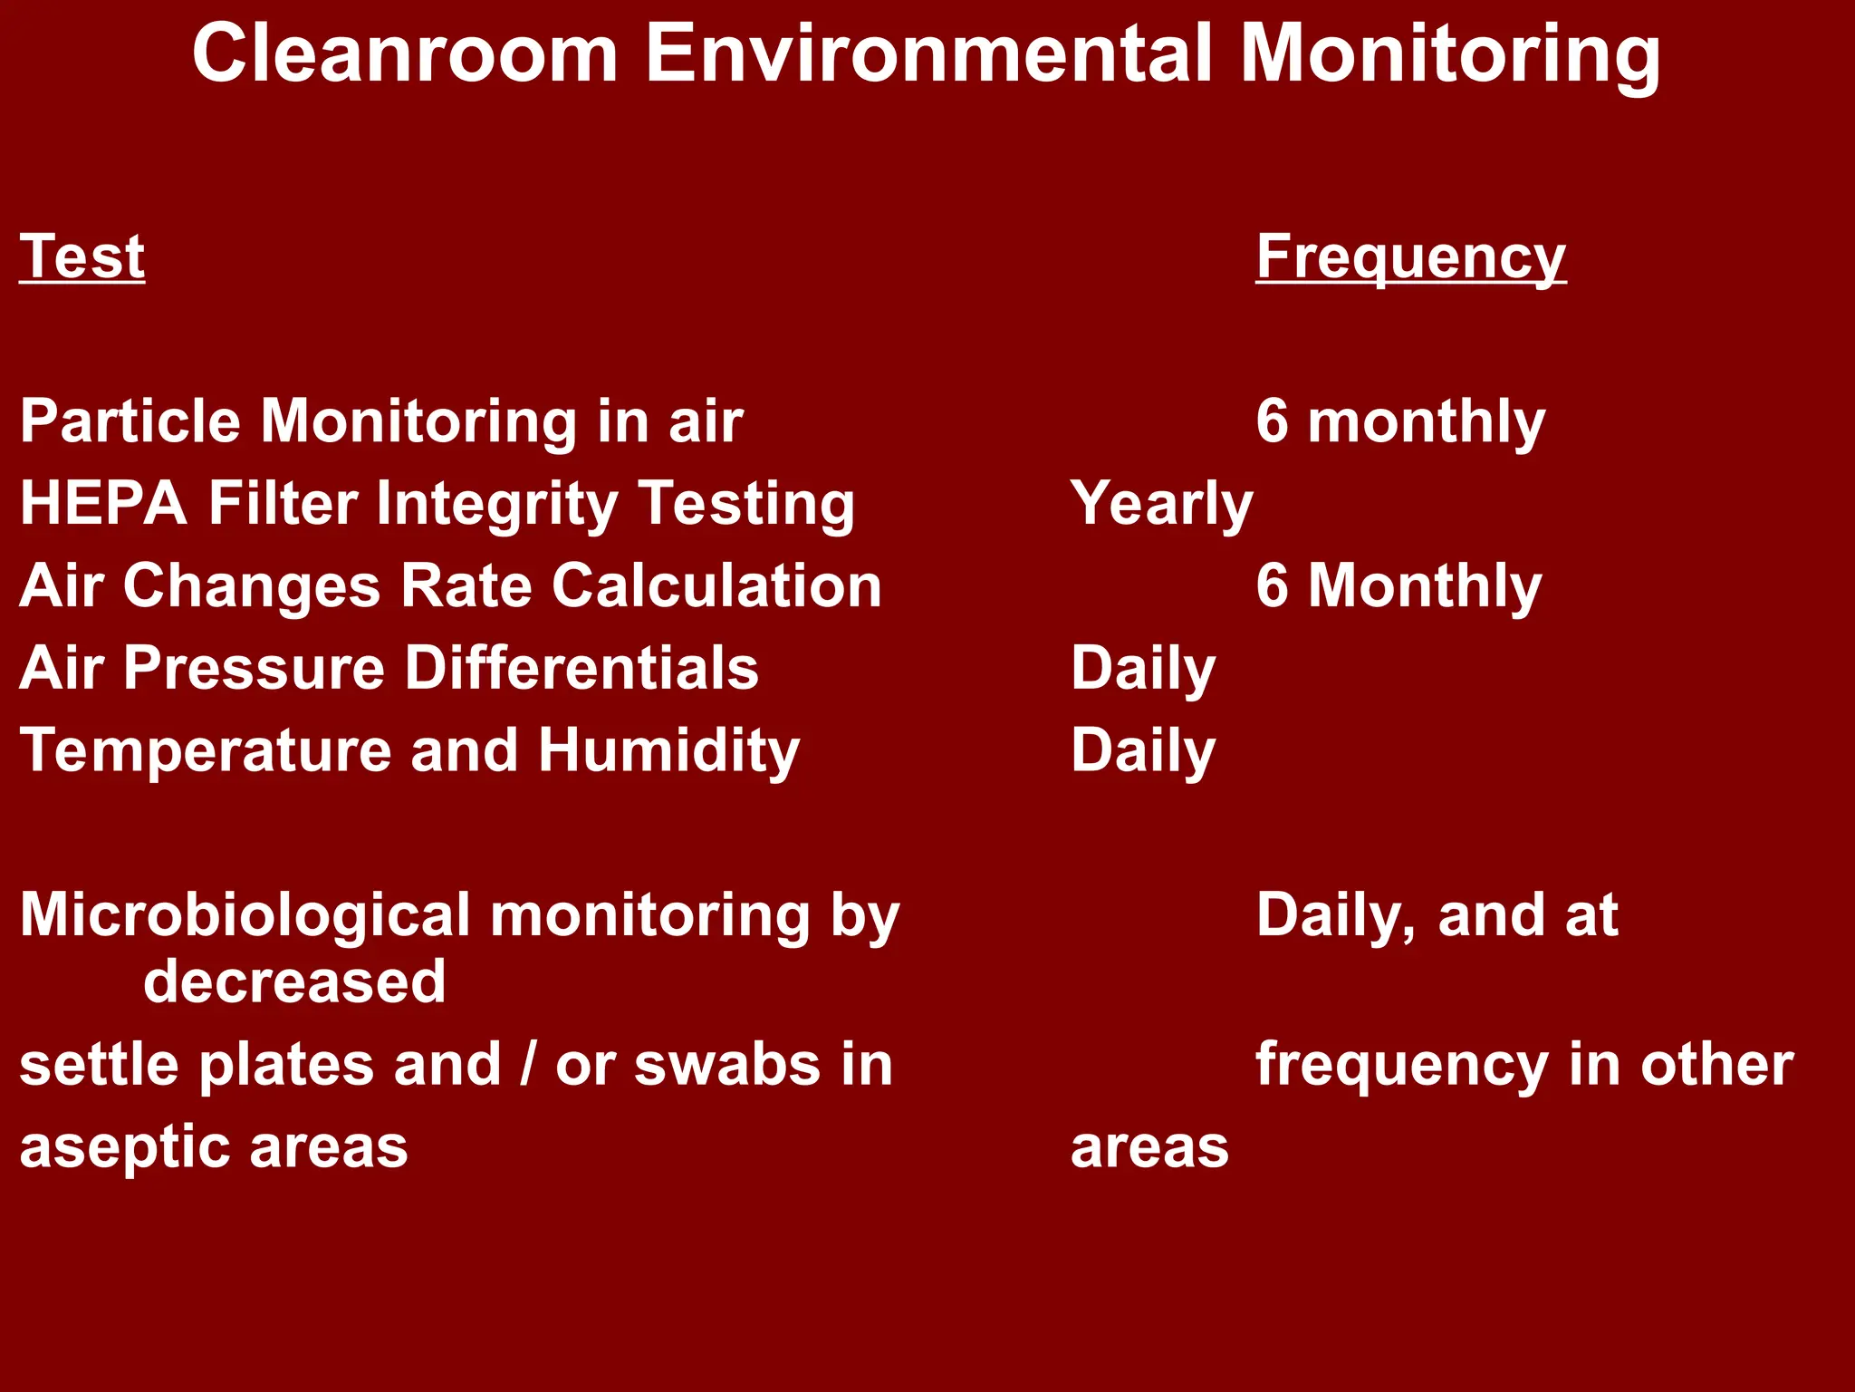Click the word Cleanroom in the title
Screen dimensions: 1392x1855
coord(405,54)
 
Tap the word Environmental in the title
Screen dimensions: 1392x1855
coord(929,54)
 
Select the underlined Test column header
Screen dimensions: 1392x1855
coord(82,257)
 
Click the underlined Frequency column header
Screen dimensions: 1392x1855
coord(1410,259)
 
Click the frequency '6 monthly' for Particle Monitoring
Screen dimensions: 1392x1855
coord(1399,423)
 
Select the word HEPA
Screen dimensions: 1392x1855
coord(103,504)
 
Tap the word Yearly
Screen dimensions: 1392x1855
coord(1161,505)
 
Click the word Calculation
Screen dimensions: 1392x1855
coord(716,586)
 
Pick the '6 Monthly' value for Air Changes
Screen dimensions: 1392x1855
coord(1398,587)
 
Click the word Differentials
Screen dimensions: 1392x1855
coord(581,669)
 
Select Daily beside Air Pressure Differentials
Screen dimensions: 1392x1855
coord(1143,670)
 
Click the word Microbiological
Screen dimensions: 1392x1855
coord(245,915)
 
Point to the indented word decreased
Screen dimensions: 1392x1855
coord(294,982)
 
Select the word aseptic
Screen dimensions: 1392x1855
coord(124,1148)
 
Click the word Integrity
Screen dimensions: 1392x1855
coord(497,505)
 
